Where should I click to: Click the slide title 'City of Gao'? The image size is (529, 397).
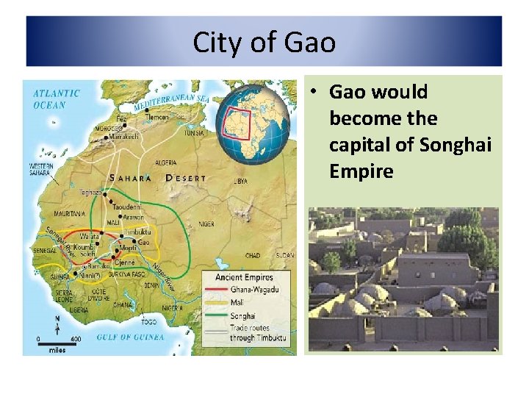264,43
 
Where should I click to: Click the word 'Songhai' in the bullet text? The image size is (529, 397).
456,145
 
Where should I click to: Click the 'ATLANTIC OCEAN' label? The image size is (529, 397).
56,99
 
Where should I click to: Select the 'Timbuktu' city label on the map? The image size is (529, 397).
139,232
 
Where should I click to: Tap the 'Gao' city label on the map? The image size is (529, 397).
144,242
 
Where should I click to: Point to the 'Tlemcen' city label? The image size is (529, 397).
158,116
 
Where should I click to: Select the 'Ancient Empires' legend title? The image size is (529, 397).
243,277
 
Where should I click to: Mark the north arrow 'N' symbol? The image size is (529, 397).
57,322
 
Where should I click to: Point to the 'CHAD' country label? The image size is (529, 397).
253,256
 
